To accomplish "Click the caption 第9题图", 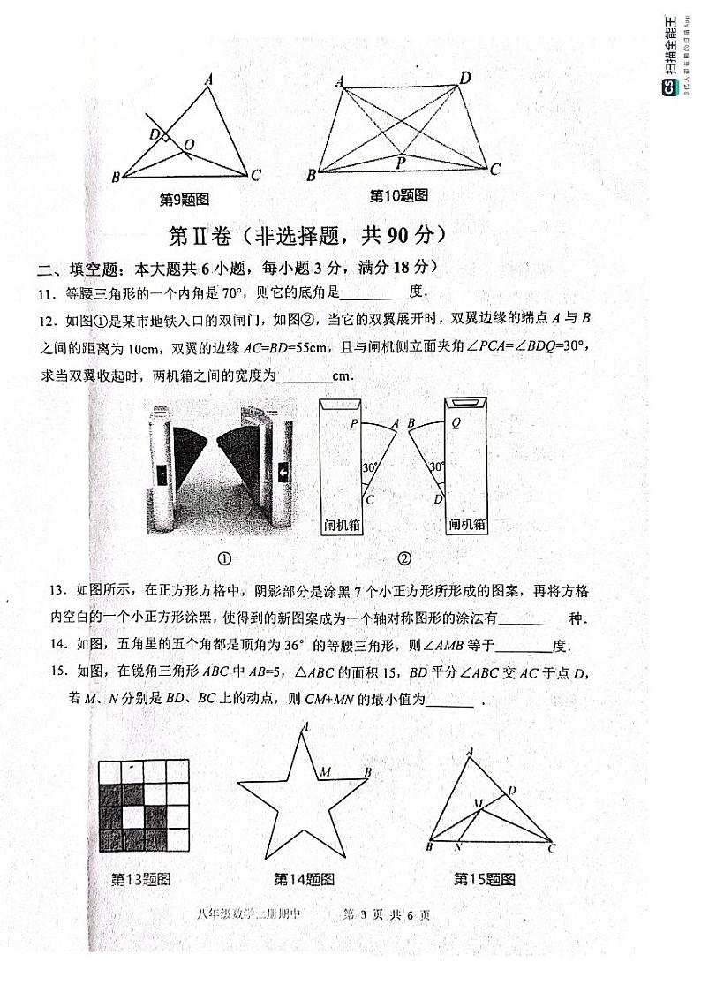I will click(x=183, y=200).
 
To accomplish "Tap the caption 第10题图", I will click(x=398, y=195).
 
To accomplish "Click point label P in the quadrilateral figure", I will click(x=401, y=163).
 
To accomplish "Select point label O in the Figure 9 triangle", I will click(x=189, y=144).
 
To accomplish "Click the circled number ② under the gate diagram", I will click(x=403, y=558).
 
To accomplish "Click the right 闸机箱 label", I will click(x=467, y=525).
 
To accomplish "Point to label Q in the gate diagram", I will click(x=456, y=423).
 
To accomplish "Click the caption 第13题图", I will click(x=140, y=879).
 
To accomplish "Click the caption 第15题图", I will click(x=484, y=879).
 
